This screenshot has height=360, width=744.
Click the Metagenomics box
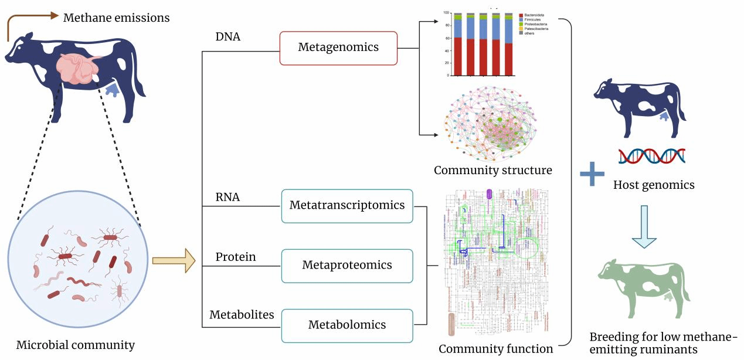click(x=338, y=47)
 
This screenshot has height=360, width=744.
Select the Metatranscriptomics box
click(x=347, y=206)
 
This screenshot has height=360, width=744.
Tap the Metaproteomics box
click(x=347, y=265)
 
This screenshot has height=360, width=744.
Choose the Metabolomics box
click(x=347, y=325)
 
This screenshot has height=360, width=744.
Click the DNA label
click(x=228, y=37)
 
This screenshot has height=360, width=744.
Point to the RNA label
click(x=228, y=197)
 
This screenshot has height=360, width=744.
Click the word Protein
click(x=236, y=257)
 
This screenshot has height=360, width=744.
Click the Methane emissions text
click(x=116, y=18)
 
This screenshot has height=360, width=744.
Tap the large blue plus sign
click(x=592, y=175)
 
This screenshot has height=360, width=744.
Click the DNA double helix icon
click(x=651, y=155)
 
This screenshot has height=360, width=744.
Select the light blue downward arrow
click(x=644, y=226)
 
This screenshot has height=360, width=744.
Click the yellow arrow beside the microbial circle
click(x=173, y=260)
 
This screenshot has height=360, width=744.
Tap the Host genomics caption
click(x=654, y=185)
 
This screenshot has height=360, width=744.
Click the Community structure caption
click(x=493, y=171)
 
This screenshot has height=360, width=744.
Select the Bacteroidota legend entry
click(x=535, y=13)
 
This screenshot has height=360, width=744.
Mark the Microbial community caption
click(x=76, y=345)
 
